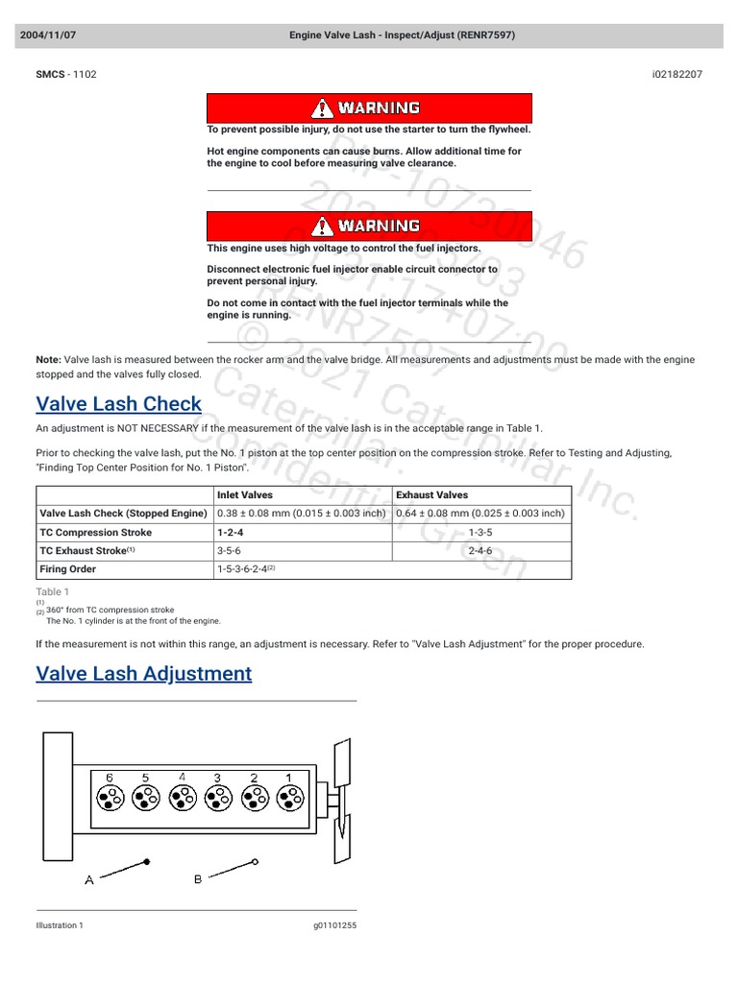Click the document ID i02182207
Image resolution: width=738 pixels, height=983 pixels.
pos(676,74)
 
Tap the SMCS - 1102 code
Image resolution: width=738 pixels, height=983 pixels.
pos(66,74)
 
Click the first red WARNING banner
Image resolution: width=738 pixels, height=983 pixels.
pos(369,108)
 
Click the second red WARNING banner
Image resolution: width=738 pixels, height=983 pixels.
pos(369,226)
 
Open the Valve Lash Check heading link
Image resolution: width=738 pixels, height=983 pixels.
pos(118,404)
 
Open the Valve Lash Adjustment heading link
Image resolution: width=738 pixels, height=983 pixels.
pos(143,674)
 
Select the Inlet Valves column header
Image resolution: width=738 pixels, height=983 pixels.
pos(245,495)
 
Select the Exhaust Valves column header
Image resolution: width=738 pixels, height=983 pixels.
pos(432,495)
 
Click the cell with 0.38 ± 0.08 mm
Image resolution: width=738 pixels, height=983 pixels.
pos(301,514)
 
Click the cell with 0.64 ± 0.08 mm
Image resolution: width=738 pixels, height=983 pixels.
pos(480,514)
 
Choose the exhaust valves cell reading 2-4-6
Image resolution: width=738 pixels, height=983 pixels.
pos(480,551)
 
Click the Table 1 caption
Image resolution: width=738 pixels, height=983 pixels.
pos(52,592)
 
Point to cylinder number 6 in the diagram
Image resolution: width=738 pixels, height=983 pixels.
pos(110,778)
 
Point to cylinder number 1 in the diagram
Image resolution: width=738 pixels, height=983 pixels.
pos(289,778)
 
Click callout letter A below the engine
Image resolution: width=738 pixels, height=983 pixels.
pos(89,879)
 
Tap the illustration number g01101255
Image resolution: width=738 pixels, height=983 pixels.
pos(334,925)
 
